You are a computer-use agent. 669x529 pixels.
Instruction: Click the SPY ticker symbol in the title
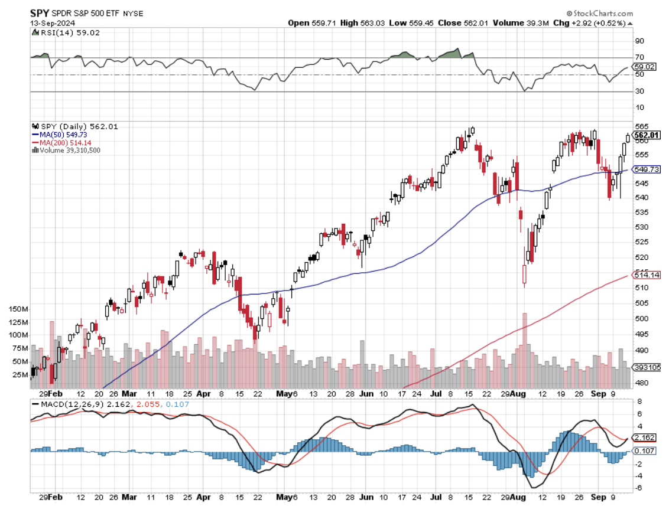[40, 13]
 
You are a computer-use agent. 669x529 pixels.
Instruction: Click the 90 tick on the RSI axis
[639, 41]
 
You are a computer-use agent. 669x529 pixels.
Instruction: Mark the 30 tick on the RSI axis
[639, 91]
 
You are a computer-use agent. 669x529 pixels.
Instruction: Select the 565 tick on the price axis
[641, 126]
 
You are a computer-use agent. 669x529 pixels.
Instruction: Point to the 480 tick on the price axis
[641, 383]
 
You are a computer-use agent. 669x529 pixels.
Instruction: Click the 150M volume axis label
[19, 309]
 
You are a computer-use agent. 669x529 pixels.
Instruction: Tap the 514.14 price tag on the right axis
[646, 275]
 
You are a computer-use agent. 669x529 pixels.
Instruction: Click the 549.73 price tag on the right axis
[646, 169]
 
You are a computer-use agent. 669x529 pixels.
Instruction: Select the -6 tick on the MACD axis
[638, 488]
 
